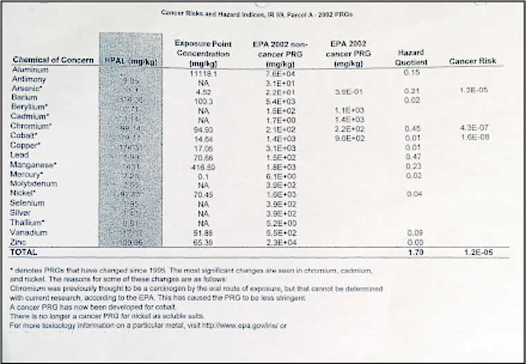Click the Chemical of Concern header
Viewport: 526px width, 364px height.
point(53,60)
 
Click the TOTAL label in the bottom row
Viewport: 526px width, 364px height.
point(24,252)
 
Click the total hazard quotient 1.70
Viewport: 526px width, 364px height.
point(413,253)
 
